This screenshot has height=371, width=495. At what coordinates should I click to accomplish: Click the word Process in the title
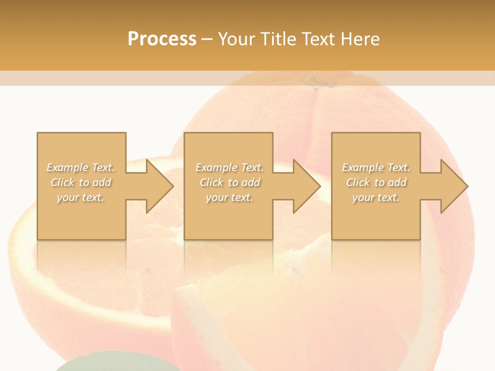click(162, 39)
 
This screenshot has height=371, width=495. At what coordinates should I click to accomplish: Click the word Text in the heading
click(317, 39)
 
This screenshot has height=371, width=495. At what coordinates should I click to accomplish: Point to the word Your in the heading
click(238, 39)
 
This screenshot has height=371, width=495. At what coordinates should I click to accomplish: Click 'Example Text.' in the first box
click(81, 167)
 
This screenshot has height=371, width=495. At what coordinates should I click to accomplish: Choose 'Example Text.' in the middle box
click(229, 167)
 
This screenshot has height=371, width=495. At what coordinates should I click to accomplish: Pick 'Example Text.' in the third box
click(376, 167)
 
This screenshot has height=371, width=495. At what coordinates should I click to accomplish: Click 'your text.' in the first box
click(80, 197)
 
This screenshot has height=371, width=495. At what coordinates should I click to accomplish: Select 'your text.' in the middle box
click(229, 197)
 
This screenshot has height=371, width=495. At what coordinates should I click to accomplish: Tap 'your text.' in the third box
click(376, 197)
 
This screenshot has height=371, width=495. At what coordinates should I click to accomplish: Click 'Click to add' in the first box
click(81, 182)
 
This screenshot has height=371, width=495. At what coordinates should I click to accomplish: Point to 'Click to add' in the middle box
click(229, 182)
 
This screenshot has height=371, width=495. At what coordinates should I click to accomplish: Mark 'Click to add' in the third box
click(376, 182)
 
